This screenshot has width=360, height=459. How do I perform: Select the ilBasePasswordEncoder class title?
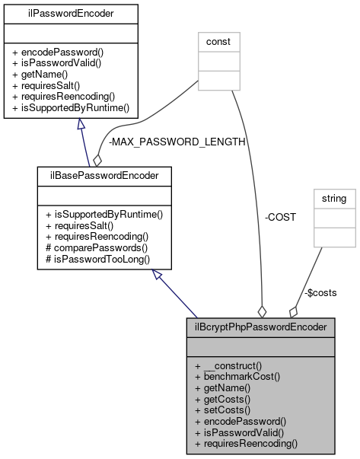pyautogui.click(x=103, y=176)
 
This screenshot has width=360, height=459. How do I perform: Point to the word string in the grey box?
pyautogui.click(x=336, y=199)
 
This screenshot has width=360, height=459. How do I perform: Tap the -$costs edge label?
pyautogui.click(x=320, y=292)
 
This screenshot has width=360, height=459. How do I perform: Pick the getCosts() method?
pyautogui.click(x=227, y=398)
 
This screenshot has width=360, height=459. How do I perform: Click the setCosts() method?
pyautogui.click(x=227, y=409)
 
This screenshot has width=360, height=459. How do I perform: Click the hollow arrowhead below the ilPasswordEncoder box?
pyautogui.click(x=79, y=126)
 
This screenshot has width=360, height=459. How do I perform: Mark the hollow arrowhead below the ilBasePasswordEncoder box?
pyautogui.click(x=158, y=277)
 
